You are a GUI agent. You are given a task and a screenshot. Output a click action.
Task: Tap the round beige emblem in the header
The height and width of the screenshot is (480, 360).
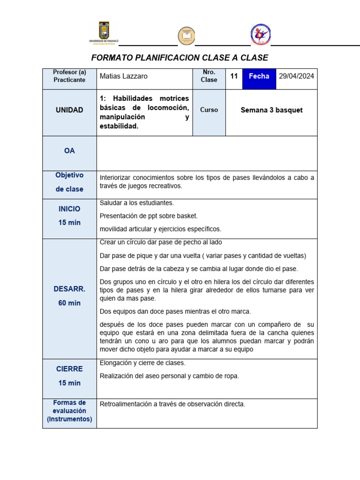point(186,36)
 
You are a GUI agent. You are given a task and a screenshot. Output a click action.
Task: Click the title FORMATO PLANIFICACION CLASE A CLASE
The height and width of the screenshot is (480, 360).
point(180,58)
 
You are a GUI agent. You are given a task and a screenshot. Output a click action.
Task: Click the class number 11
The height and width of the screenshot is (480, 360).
point(234,76)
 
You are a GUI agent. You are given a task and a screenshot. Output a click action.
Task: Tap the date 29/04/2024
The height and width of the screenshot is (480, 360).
point(296,76)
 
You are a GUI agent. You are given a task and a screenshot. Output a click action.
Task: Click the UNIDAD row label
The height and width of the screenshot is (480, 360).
point(69,110)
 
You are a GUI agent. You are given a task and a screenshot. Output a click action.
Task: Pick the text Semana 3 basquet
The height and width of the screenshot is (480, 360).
point(271,110)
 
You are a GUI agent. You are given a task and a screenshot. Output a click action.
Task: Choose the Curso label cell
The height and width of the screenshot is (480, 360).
point(209,110)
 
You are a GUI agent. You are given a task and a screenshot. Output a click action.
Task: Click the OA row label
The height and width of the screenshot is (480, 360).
point(69,151)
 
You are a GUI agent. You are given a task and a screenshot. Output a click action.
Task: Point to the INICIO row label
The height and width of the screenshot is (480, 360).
point(69,209)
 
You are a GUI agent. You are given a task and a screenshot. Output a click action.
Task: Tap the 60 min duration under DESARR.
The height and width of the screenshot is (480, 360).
point(69,303)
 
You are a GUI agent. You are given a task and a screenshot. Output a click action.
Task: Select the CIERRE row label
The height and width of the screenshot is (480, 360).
point(69,369)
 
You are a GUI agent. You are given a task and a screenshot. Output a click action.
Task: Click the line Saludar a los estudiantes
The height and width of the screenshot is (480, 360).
point(137,203)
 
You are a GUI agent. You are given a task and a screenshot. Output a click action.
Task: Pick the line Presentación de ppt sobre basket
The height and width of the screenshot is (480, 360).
point(149,216)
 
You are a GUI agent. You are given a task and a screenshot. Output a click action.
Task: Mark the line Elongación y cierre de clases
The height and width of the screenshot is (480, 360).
point(142,363)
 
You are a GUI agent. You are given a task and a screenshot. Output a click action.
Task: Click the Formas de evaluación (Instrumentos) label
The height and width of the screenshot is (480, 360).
point(69,411)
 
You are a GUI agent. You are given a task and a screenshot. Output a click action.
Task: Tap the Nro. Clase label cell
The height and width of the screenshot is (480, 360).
point(209,76)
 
